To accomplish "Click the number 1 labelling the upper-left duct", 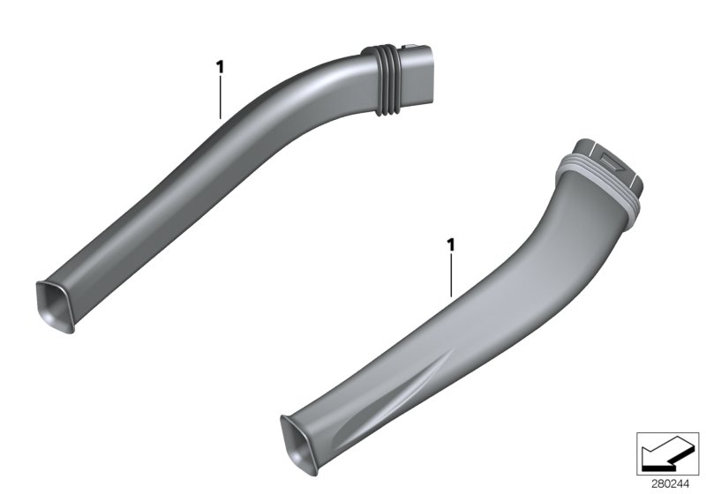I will tap(220, 66).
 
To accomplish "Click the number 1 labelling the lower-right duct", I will tap(451, 243).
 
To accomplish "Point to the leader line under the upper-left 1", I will tap(220, 97).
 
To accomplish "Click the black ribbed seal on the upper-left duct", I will tap(380, 79).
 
